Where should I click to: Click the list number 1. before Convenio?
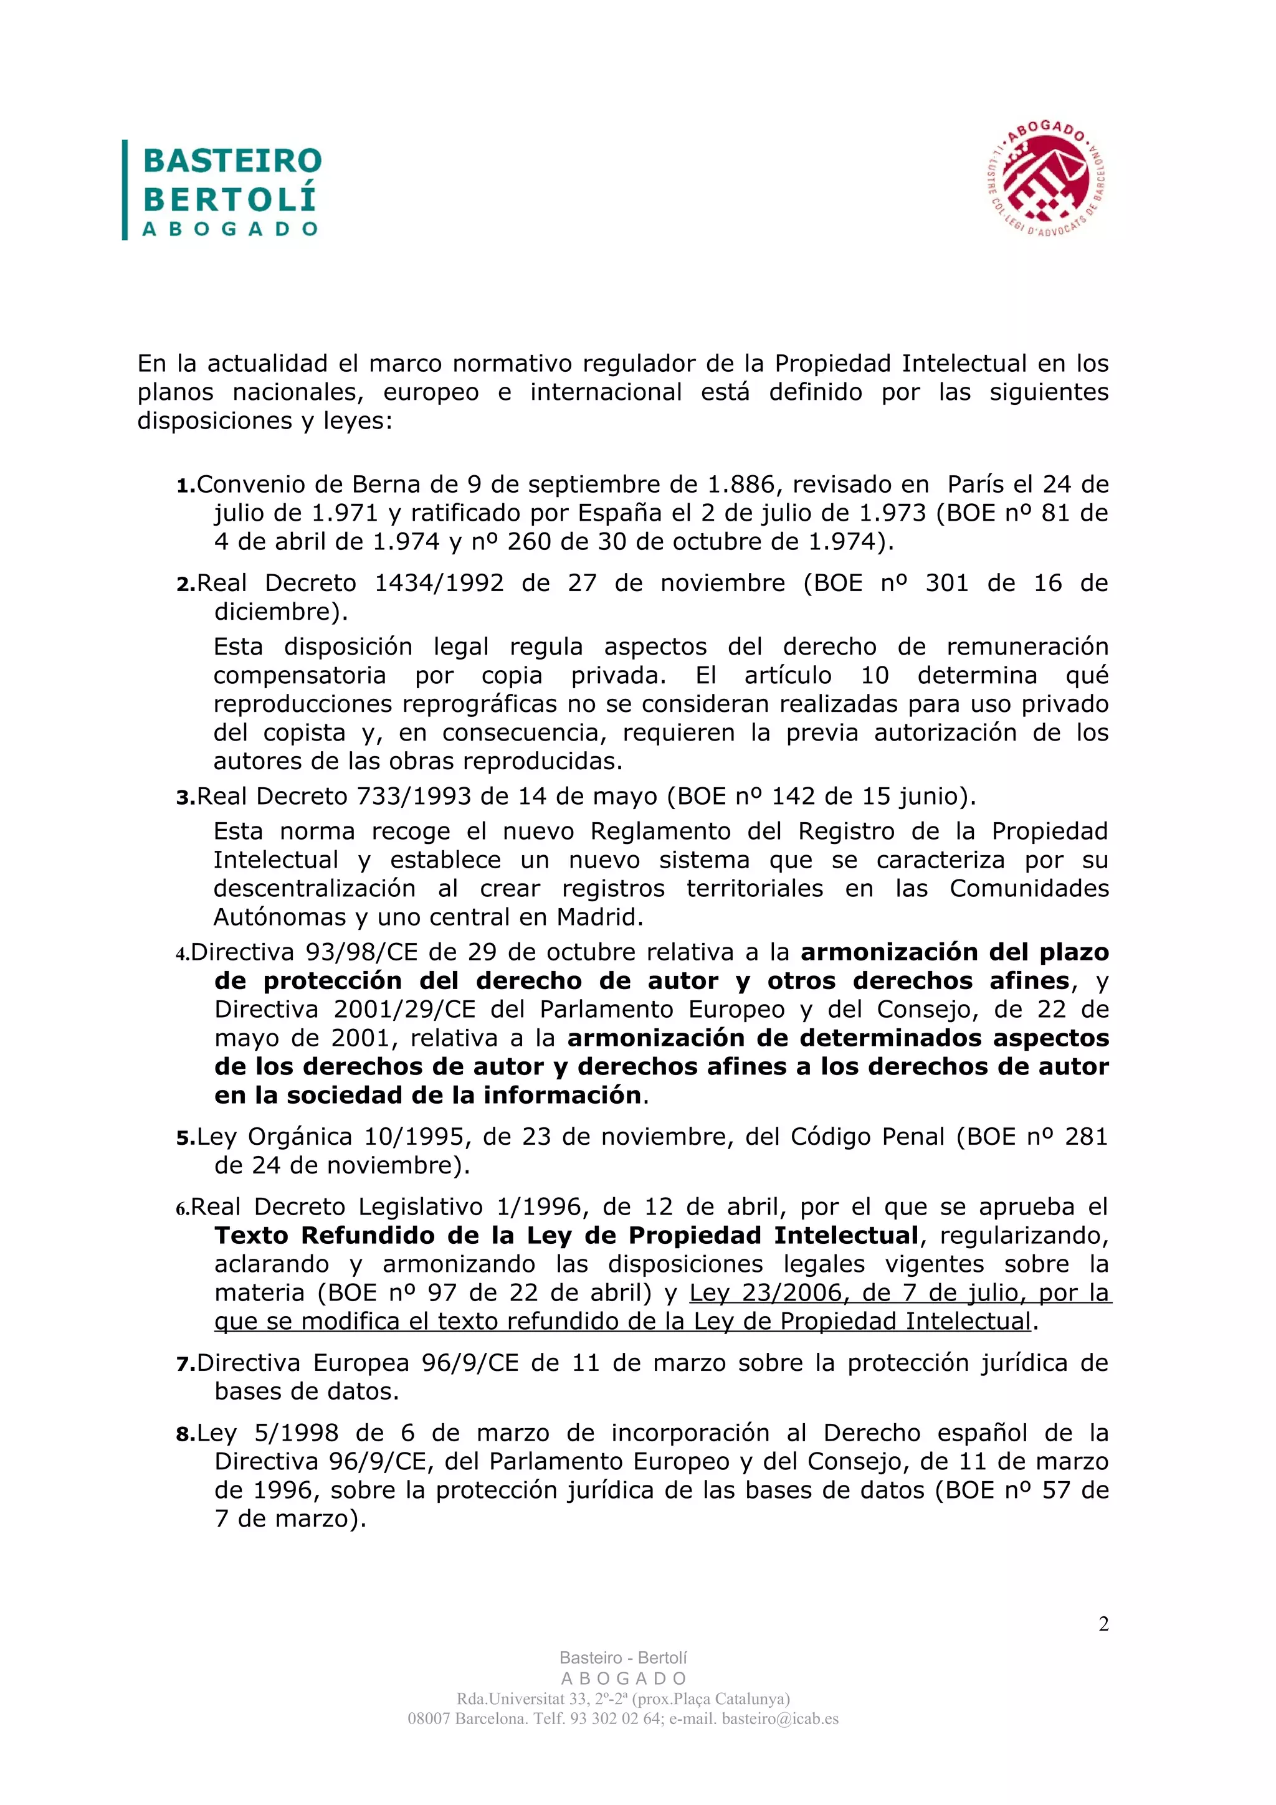click(186, 486)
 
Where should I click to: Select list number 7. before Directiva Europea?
click(186, 1364)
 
